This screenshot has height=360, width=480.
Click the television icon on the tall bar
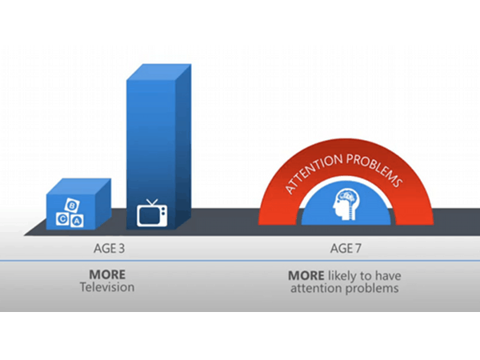(152, 213)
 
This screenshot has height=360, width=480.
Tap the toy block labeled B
(72, 205)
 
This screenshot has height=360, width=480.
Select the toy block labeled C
(62, 219)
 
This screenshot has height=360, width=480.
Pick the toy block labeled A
(77, 221)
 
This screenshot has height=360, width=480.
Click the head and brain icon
(346, 204)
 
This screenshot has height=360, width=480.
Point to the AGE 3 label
(110, 248)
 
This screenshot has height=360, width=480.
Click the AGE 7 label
(346, 248)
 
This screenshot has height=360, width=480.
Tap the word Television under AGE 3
(107, 287)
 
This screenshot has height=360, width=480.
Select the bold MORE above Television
(107, 274)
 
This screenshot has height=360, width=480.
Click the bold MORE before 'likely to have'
(306, 276)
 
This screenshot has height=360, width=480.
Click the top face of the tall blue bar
(159, 72)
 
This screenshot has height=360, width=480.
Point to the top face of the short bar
(78, 186)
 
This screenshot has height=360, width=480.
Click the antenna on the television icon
(152, 202)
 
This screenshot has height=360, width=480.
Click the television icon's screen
(150, 216)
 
